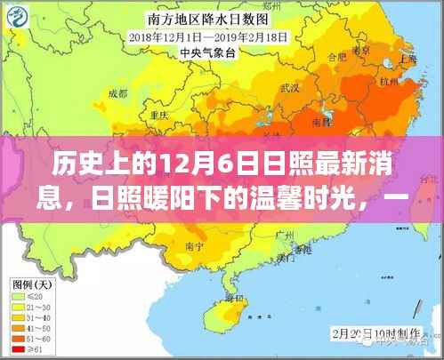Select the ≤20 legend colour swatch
click(18, 298)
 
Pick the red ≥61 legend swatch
click(18, 348)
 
